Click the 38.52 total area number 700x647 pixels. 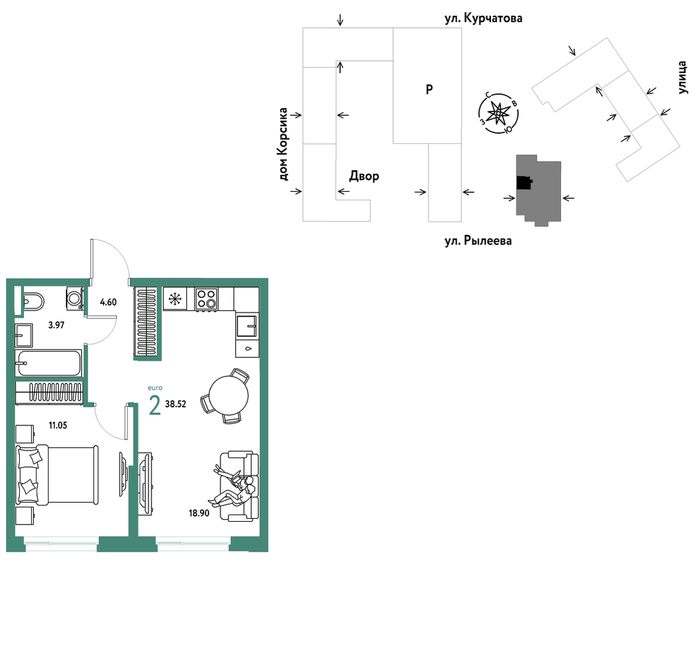[x=176, y=404]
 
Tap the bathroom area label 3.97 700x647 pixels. [x=56, y=325]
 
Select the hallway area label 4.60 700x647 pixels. [x=108, y=302]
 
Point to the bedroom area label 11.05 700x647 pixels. [x=58, y=426]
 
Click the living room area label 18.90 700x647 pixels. [x=199, y=513]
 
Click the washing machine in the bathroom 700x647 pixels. [x=74, y=298]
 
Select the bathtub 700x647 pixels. [x=48, y=363]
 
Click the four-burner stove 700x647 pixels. [x=207, y=299]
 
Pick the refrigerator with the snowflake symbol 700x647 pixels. [x=175, y=298]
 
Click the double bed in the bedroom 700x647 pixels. [x=57, y=474]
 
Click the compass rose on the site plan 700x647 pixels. [x=498, y=113]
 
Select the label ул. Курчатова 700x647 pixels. [x=484, y=19]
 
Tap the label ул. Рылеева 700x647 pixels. [x=478, y=241]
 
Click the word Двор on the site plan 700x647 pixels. [x=364, y=176]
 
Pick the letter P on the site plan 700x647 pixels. [x=429, y=90]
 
